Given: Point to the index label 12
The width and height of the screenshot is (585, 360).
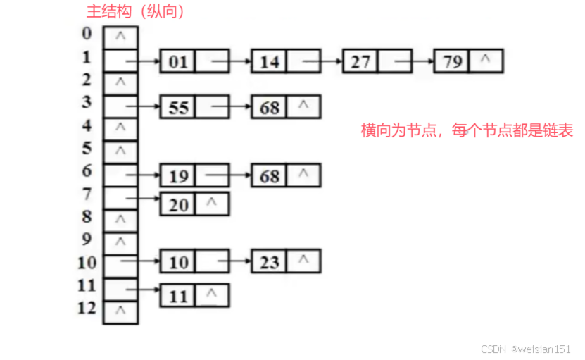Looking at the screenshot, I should (86, 308).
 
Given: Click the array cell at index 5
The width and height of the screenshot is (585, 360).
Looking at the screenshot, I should (120, 151).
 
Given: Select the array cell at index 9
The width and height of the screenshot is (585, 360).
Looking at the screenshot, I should (120, 242).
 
